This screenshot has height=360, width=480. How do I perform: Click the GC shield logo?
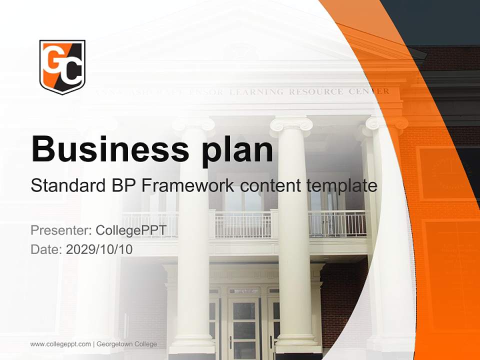click(x=62, y=66)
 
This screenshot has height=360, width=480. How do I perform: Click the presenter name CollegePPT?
click(x=130, y=230)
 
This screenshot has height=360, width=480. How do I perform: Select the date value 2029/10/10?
click(x=99, y=249)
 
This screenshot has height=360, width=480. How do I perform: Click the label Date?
click(x=46, y=249)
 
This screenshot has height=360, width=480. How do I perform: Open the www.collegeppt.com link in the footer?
click(x=60, y=344)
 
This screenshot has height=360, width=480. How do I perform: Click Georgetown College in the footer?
click(x=127, y=344)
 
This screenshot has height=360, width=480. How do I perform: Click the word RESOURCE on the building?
click(x=316, y=91)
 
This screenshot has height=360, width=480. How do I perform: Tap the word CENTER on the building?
click(x=370, y=91)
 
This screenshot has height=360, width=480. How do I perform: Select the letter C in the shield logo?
click(x=71, y=72)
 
